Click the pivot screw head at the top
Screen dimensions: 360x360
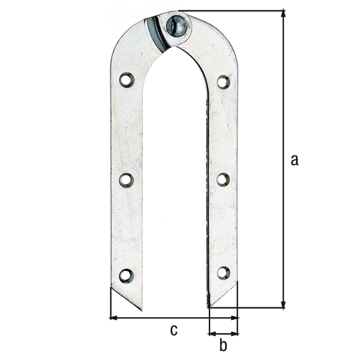178,25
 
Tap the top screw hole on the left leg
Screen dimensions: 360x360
126,80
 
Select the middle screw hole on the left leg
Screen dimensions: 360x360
126,179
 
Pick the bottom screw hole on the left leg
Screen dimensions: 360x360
126,275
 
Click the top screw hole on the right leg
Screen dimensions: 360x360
223,82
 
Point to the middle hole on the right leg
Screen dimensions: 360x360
223,179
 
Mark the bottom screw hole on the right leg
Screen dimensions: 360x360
223,273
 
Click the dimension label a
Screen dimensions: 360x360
294,160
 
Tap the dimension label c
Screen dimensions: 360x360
174,329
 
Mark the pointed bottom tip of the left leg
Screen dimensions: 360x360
141,310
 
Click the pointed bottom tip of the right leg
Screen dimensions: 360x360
209,307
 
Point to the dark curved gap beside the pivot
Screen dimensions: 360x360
155,33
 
